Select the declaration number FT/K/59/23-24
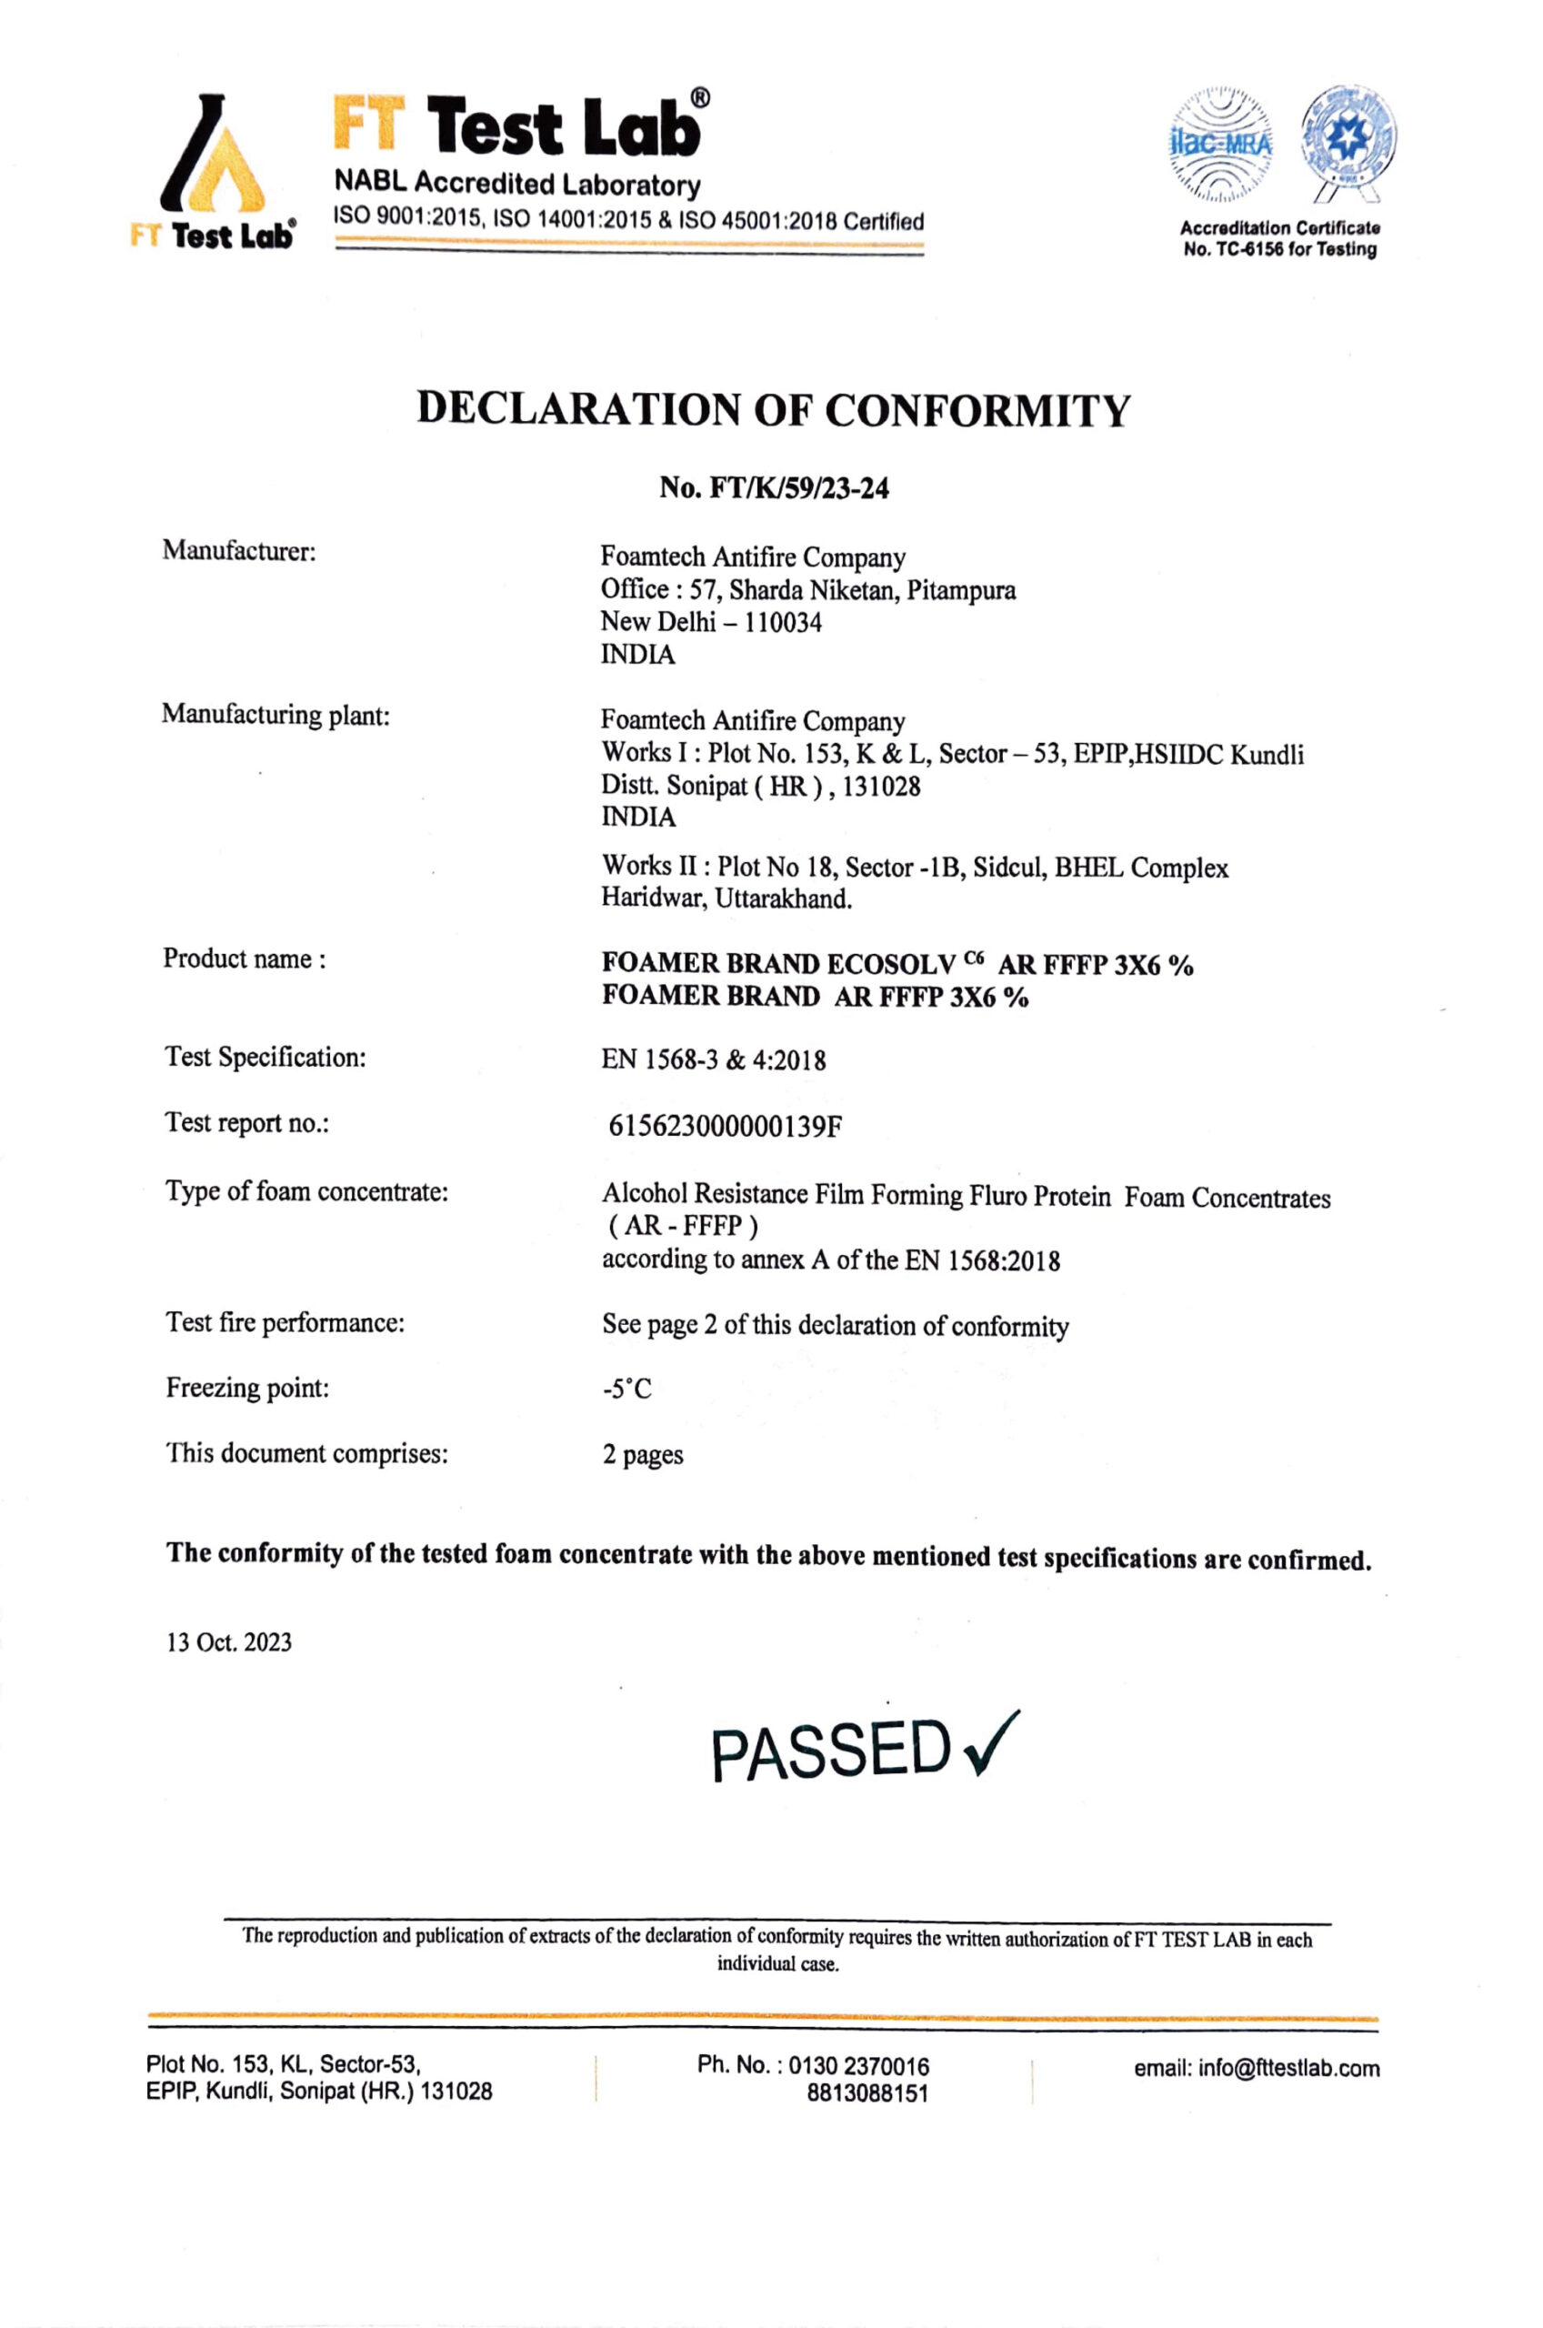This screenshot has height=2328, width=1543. tap(774, 488)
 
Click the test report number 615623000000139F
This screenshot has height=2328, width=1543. tap(726, 1126)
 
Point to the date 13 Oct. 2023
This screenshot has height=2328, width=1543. tap(229, 1642)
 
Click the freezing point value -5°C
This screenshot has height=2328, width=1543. tap(626, 1389)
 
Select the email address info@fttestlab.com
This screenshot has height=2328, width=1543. tap(1256, 2067)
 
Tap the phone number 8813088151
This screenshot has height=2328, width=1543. tap(867, 2092)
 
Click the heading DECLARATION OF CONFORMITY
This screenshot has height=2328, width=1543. tap(774, 409)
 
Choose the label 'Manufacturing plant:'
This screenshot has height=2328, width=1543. tap(276, 715)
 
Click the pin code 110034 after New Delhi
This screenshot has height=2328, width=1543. tap(783, 622)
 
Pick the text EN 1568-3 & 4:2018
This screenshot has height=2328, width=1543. tap(714, 1059)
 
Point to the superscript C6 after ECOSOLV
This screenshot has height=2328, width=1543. tap(973, 957)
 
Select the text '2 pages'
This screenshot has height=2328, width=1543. tap(643, 1454)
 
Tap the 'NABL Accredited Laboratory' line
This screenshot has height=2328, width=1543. tap(517, 184)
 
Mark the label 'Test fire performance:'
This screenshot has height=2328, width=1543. tap(285, 1322)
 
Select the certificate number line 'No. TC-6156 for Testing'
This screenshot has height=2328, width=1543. tap(1279, 250)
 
